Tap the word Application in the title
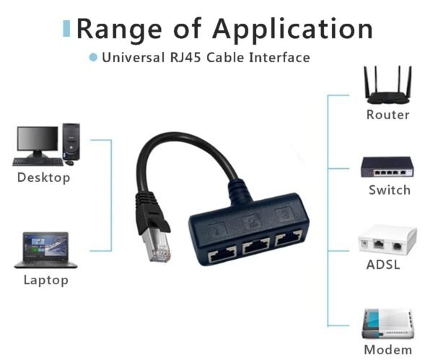tap(292, 30)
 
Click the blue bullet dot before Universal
tap(92, 57)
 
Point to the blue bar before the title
tap(67, 28)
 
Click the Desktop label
tap(44, 177)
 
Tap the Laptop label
tap(44, 280)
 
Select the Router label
tap(388, 115)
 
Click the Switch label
tap(389, 190)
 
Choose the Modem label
tap(388, 350)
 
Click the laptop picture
tap(45, 250)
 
